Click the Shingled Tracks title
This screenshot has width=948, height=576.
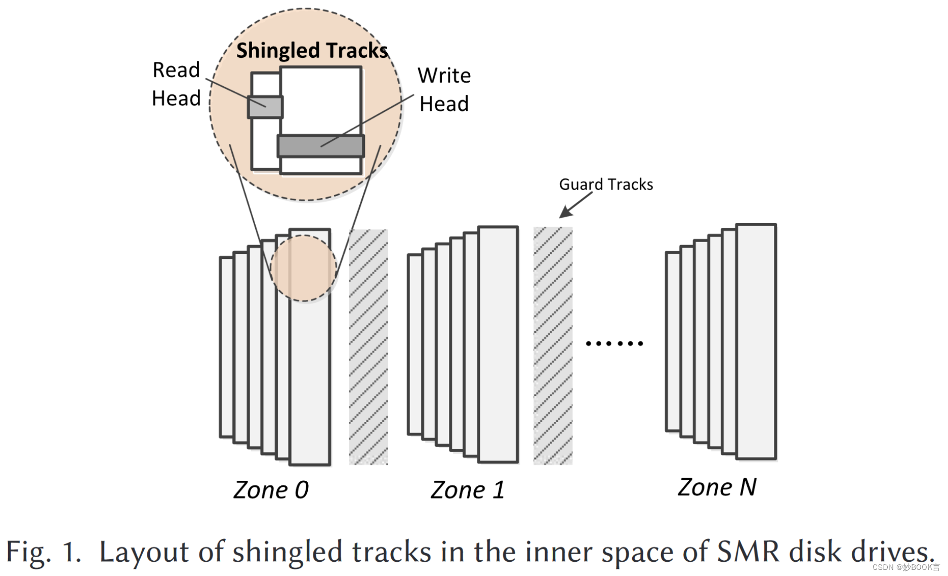click(312, 51)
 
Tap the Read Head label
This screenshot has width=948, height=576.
click(176, 84)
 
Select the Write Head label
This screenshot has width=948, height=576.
click(444, 90)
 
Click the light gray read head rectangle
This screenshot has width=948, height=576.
click(265, 107)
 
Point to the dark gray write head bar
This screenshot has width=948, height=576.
click(321, 146)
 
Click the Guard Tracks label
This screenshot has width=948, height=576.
click(606, 184)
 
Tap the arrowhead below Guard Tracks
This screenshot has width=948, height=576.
click(565, 213)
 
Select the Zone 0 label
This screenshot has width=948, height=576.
click(271, 490)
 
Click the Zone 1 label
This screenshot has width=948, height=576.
click(468, 490)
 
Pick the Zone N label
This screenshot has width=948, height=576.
click(717, 487)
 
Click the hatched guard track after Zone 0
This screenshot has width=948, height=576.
click(368, 347)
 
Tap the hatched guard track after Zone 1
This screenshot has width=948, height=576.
click(553, 345)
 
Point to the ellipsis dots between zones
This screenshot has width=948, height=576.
click(614, 343)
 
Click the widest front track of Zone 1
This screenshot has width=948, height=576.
click(498, 344)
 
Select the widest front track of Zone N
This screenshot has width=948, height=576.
click(756, 342)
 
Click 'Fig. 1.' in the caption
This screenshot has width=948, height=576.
click(44, 552)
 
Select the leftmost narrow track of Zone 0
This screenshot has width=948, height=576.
click(226, 347)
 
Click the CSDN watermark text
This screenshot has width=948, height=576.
click(905, 567)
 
